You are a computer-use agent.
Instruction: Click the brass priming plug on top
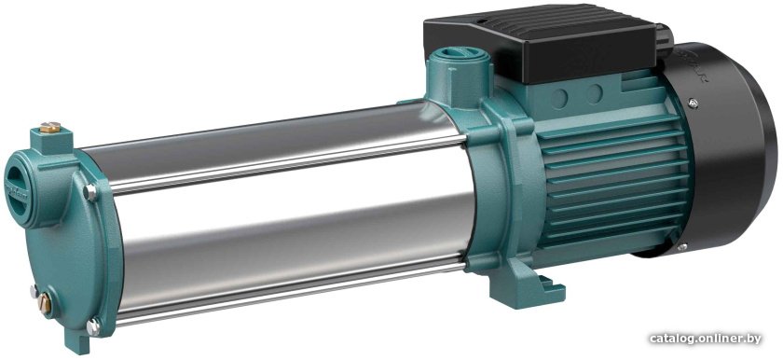50,127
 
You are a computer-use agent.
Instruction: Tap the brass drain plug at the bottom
44,302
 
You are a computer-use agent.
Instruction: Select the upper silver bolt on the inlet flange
89,192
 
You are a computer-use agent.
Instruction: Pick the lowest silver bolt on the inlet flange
93,327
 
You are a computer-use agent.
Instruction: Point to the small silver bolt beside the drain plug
34,291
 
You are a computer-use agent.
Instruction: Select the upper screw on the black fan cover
693,104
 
